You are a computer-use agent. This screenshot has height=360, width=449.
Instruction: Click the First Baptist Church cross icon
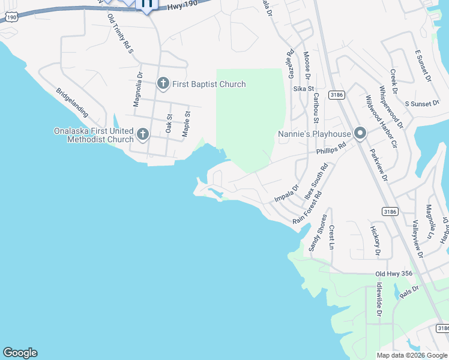coord(163,84)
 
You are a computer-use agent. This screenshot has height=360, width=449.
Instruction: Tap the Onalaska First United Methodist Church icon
coord(143,134)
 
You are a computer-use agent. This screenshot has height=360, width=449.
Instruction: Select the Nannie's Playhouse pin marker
coord(360,133)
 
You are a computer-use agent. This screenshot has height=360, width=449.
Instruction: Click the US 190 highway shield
coord(12,18)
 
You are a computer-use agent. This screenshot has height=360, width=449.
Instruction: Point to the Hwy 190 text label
coord(182,5)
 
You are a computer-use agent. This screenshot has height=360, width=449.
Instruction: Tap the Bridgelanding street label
coord(72,103)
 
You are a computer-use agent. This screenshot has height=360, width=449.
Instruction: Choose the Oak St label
coord(169,124)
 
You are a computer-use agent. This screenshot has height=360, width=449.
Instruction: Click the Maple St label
coord(186,121)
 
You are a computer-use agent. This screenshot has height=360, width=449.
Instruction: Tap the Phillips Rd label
coord(332,148)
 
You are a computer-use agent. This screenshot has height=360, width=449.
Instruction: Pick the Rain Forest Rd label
coord(307,208)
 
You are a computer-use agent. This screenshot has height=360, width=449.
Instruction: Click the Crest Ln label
coord(331,237)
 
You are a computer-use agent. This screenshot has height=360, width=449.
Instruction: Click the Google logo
coord(20,353)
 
